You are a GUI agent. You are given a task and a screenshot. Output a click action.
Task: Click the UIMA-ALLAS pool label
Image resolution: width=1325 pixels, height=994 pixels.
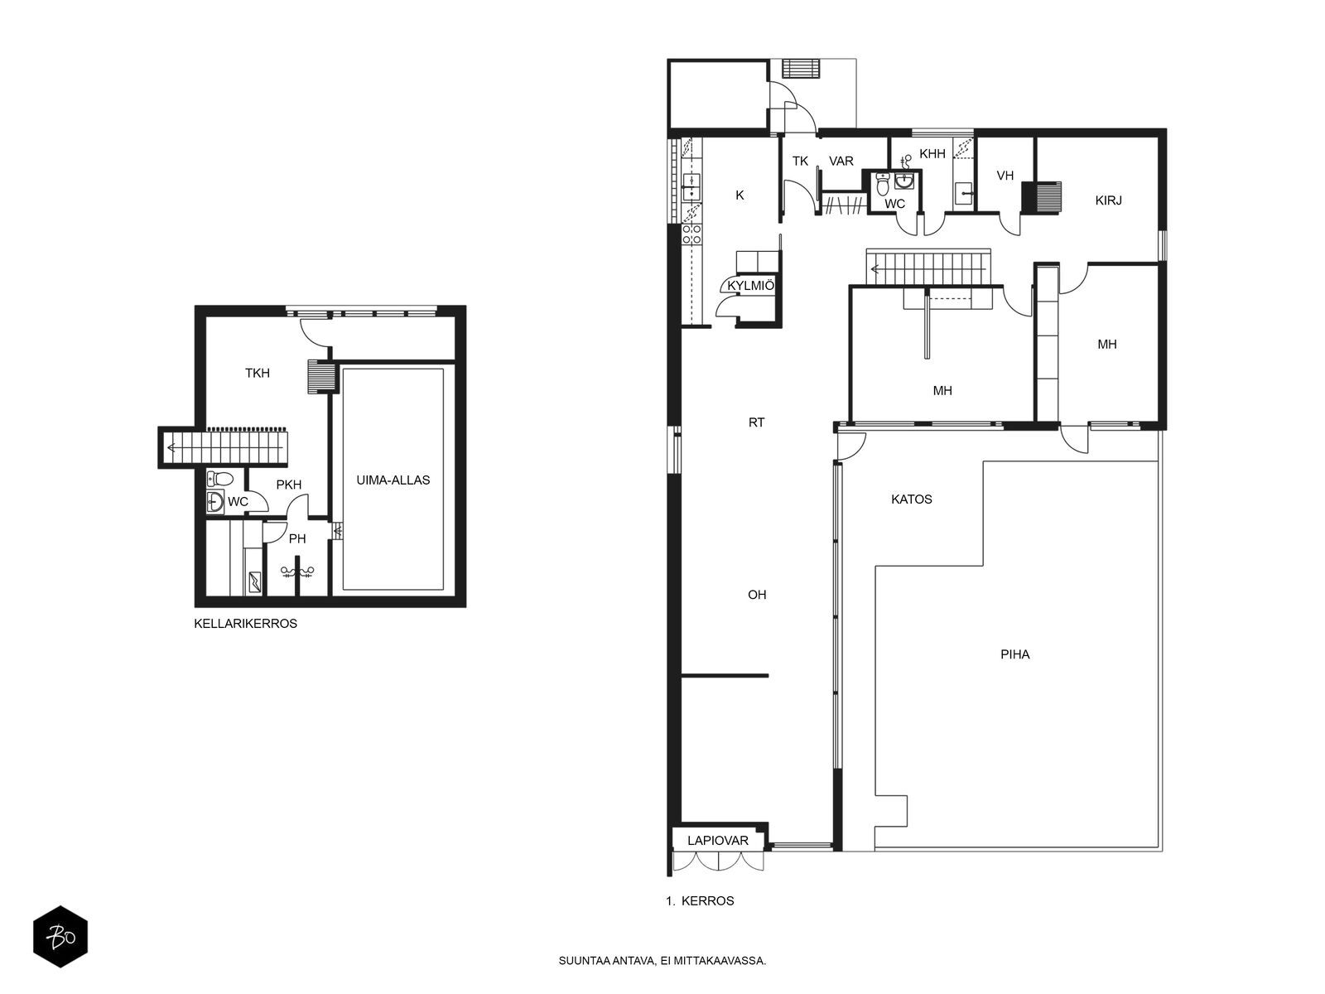(x=393, y=480)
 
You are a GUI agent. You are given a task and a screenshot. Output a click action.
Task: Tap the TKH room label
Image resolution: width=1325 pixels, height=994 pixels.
(x=258, y=374)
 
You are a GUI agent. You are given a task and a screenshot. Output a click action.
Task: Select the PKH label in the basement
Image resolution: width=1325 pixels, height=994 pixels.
(x=288, y=485)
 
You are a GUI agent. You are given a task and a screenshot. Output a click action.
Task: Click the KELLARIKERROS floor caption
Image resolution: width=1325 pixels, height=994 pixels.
(x=245, y=624)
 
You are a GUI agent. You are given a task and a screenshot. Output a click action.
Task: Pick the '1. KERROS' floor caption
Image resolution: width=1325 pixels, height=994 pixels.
(x=700, y=901)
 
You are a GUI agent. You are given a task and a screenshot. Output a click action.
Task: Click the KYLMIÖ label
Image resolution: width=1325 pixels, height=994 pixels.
(x=750, y=286)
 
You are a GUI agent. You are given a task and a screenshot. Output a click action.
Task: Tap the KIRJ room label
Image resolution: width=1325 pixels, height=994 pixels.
(x=1108, y=200)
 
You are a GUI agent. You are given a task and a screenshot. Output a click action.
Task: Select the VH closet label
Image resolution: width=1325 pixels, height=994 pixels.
(x=1005, y=176)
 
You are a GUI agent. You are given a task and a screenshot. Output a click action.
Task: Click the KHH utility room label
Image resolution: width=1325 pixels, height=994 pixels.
(x=932, y=154)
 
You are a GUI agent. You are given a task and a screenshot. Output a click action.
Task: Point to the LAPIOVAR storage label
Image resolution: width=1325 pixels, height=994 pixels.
(x=718, y=841)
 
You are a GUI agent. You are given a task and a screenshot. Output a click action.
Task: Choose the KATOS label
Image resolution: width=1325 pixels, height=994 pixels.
(x=912, y=499)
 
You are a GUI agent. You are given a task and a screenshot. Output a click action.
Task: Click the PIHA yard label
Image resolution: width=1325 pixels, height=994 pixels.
(x=1014, y=654)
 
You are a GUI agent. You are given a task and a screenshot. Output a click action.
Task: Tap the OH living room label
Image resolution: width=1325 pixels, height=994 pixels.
(x=757, y=595)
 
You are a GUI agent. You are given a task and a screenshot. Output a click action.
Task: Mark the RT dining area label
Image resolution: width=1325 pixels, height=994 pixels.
(x=756, y=422)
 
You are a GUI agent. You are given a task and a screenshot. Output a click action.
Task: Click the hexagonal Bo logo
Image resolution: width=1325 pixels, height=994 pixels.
(x=60, y=937)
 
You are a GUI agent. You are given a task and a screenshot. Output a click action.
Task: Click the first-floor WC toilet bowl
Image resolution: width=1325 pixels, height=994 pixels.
(x=883, y=184)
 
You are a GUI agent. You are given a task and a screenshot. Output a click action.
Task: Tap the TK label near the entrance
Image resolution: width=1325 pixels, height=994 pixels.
(x=800, y=162)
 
